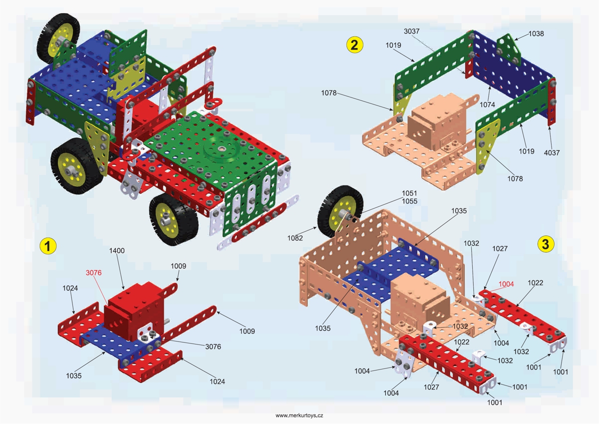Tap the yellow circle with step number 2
(354, 45)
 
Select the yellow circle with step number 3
(545, 243)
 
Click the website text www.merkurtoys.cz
(299, 415)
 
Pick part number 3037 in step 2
(412, 31)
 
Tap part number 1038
(537, 34)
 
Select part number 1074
(488, 105)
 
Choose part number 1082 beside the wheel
(295, 238)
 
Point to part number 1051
(409, 192)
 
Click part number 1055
(409, 201)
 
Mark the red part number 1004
(506, 284)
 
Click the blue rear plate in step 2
(509, 75)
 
